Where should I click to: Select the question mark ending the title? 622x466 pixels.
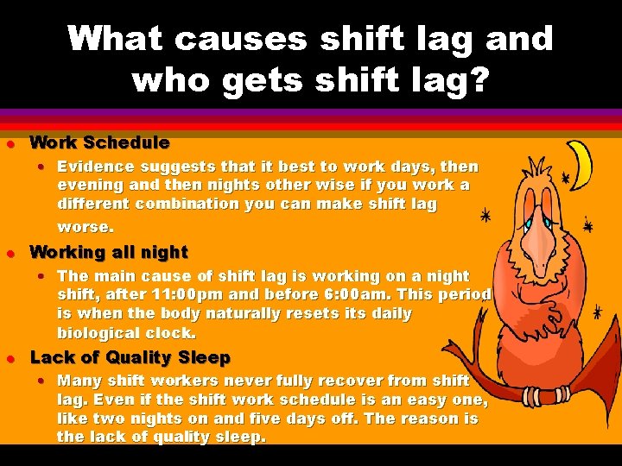tap(478, 80)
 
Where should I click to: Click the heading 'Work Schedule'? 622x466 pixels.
tap(99, 142)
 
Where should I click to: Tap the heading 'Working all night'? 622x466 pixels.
tap(109, 252)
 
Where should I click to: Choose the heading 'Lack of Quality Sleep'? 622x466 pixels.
tap(130, 357)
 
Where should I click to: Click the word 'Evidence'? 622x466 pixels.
tap(94, 167)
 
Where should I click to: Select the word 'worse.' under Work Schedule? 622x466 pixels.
tap(85, 227)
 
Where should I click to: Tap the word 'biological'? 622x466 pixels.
tap(97, 333)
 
